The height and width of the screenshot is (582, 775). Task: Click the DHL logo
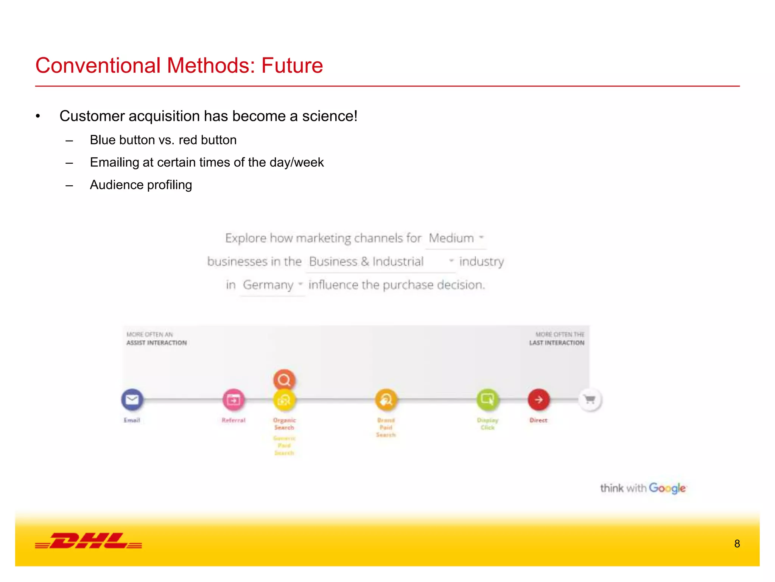point(89,541)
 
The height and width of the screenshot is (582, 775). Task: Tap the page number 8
point(737,544)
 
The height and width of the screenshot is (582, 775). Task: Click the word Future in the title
point(292,66)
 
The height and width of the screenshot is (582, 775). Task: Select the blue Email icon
point(132,400)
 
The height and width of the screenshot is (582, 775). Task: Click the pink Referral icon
point(233,400)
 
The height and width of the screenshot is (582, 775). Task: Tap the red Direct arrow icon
point(538,400)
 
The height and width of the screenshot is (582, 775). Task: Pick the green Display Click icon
point(487,400)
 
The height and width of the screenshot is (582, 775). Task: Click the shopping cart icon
point(590,400)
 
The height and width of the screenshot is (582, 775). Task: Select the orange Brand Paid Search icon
point(386,400)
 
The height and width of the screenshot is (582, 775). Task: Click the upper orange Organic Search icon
point(284,380)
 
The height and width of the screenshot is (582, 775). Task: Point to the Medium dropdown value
point(451,238)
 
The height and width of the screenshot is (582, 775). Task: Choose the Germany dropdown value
point(268,285)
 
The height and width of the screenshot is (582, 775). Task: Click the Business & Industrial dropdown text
point(366,261)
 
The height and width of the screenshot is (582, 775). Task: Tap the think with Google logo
point(643,488)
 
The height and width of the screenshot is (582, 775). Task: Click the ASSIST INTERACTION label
point(156,343)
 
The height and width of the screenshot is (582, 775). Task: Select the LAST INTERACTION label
point(557,343)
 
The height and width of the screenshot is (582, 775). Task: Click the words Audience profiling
point(141,185)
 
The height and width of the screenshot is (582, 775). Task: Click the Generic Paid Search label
point(284,446)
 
